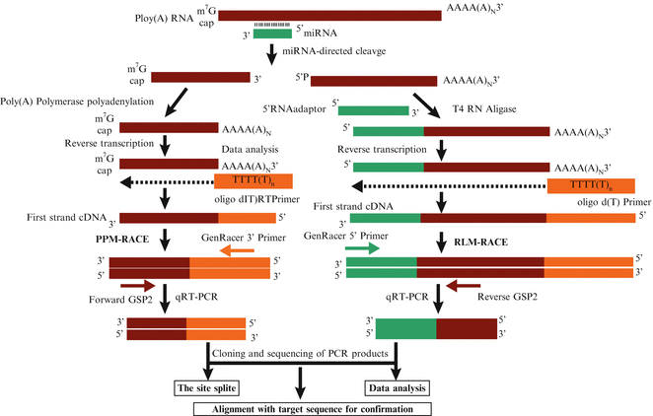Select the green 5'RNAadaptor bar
[374, 110]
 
